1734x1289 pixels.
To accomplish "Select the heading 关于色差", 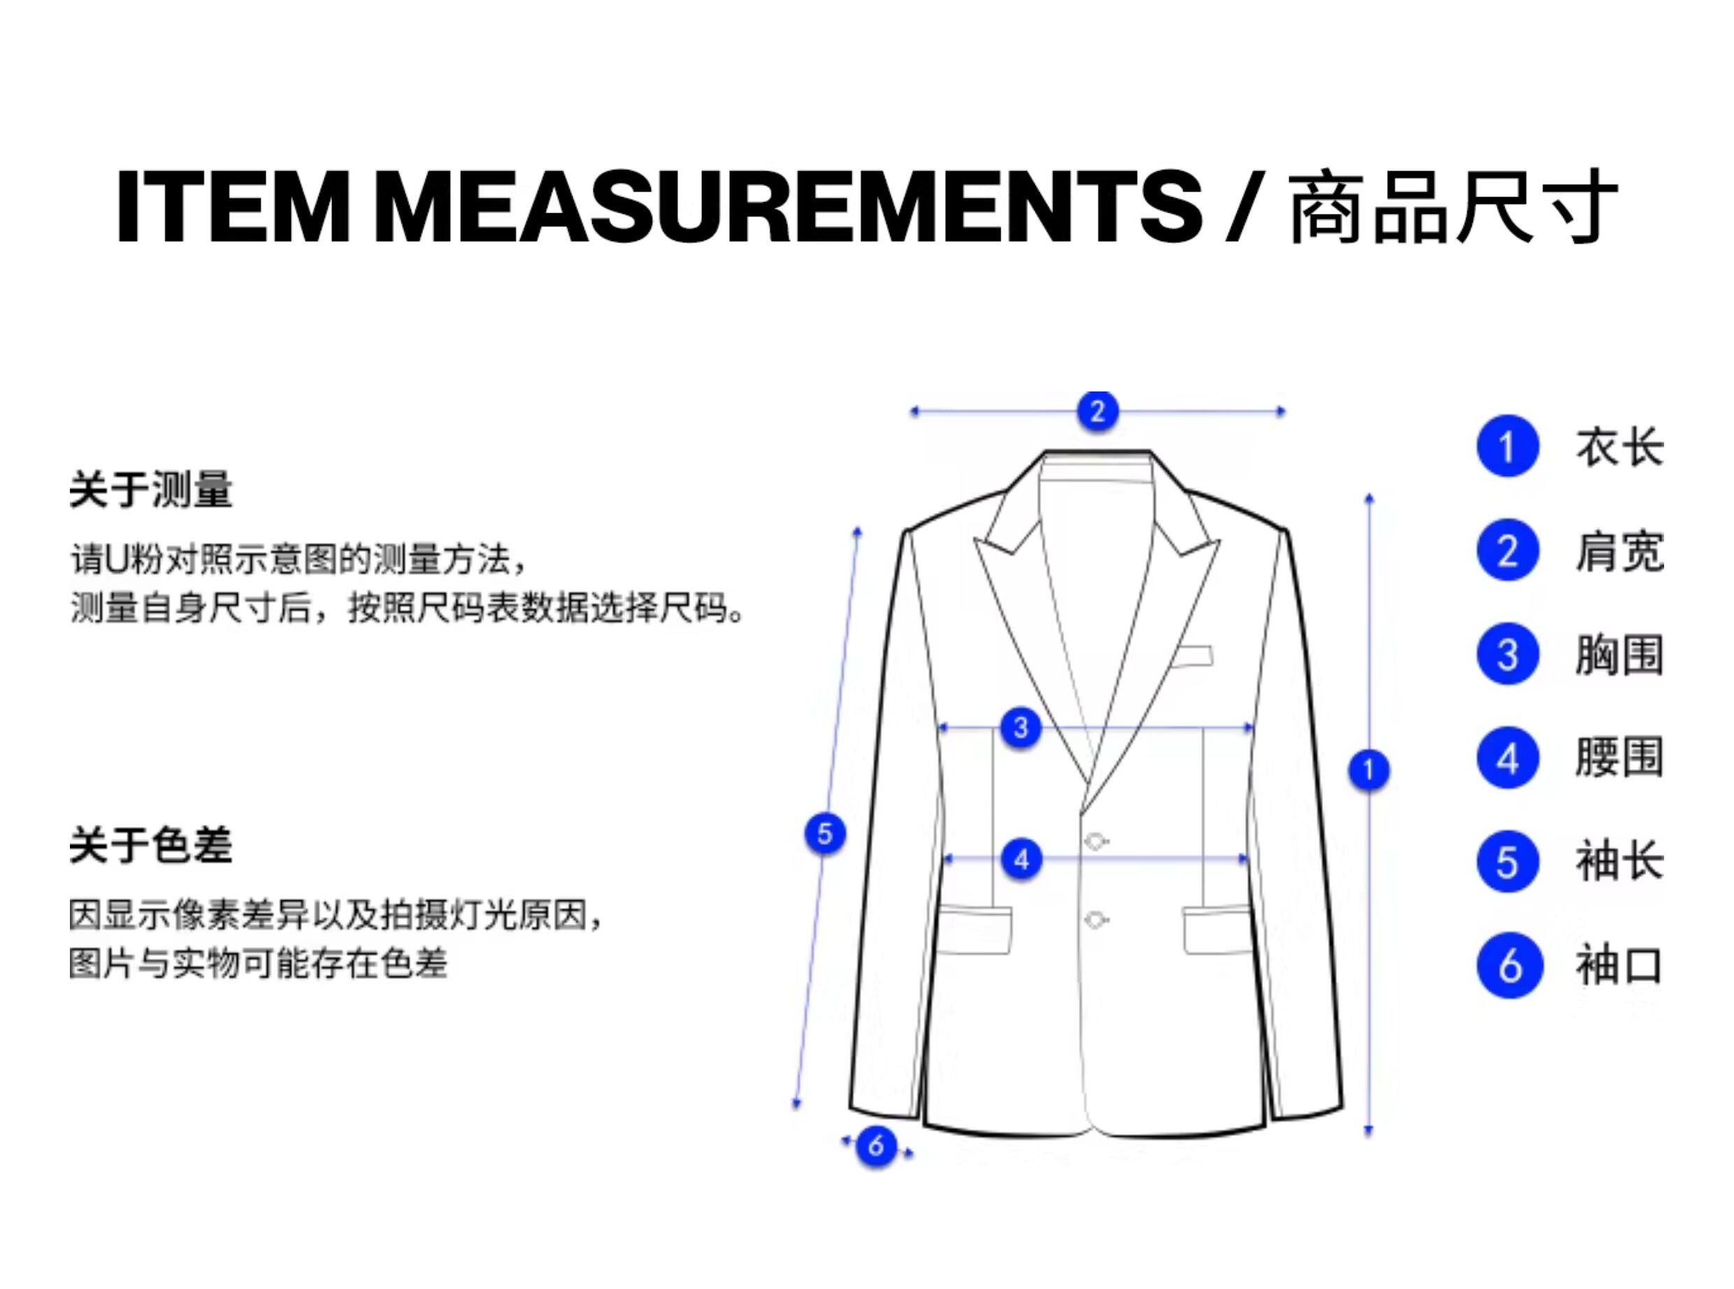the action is (x=150, y=845).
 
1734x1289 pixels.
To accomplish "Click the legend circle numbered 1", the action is (x=1507, y=446).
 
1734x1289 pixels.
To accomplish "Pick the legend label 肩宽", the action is (x=1619, y=551).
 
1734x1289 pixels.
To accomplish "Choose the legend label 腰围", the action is (x=1619, y=758).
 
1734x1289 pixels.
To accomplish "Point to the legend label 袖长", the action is (x=1619, y=861).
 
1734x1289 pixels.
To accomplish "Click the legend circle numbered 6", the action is (x=1508, y=966).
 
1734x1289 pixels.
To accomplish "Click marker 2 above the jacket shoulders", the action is (x=1097, y=411).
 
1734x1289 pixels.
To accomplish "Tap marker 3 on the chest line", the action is (x=1021, y=728).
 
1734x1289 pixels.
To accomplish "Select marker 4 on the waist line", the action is (x=1021, y=859).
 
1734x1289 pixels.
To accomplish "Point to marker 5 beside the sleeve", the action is (x=825, y=833).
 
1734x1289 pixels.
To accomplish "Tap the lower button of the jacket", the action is (x=1095, y=920).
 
